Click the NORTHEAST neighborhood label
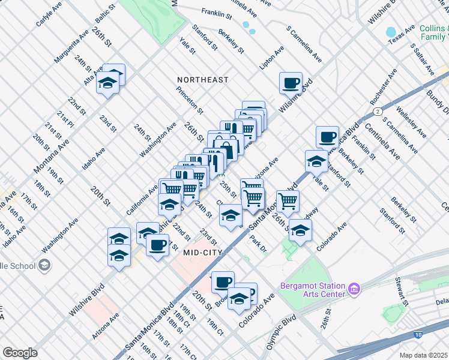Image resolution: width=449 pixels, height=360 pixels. coord(202,79)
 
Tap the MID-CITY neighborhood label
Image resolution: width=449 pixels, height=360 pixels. coord(204,253)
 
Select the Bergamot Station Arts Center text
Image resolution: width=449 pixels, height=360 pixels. coord(315,289)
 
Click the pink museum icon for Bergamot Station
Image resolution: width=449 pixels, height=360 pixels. coord(354,290)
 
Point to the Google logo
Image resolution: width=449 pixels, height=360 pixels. coord(19,353)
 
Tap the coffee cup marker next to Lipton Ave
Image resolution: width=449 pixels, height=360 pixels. coord(291,83)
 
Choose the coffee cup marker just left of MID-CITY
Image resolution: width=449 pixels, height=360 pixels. coord(157,245)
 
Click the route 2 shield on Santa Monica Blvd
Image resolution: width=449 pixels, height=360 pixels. coord(377,111)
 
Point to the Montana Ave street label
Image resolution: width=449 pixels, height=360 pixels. coord(53,154)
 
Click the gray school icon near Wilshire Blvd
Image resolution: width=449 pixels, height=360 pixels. coord(44,265)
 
